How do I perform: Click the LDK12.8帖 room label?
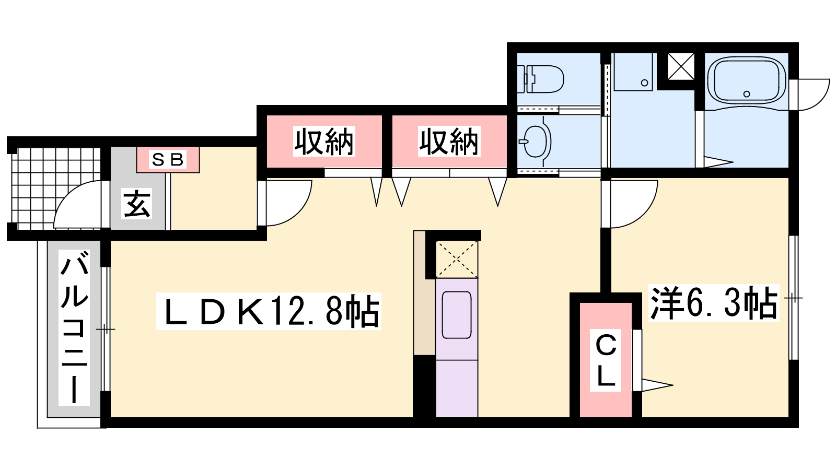(x=269, y=311)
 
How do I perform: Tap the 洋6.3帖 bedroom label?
(x=714, y=302)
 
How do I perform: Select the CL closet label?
(x=606, y=360)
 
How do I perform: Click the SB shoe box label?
(x=168, y=159)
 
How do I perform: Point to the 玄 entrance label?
(x=137, y=204)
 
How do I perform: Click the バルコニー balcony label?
(x=74, y=327)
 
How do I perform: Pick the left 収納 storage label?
(x=324, y=142)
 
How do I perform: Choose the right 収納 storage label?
(x=449, y=142)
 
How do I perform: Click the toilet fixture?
(x=540, y=79)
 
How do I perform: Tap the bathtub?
(x=747, y=81)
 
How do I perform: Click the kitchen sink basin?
(x=457, y=315)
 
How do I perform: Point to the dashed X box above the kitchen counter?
(x=457, y=259)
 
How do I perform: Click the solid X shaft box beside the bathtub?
(x=681, y=66)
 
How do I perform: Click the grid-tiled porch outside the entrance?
(x=56, y=189)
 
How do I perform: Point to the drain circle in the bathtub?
(x=747, y=94)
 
